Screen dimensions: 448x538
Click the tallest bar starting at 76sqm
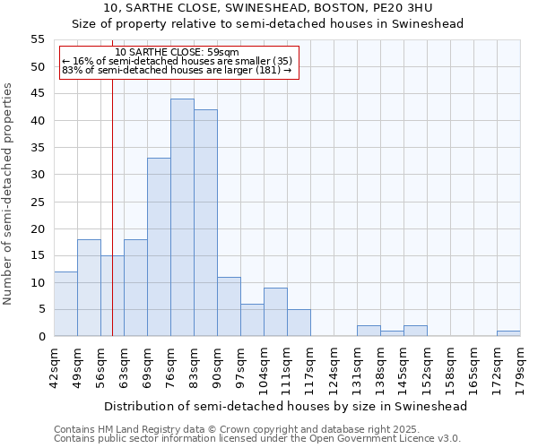[182, 218]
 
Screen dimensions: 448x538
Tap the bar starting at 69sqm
[159, 247]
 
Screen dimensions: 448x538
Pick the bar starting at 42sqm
[65, 304]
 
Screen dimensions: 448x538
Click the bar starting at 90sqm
[229, 306]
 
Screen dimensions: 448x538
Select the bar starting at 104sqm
[275, 312]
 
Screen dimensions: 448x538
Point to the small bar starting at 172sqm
[508, 333]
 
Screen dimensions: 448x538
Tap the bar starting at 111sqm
[299, 323]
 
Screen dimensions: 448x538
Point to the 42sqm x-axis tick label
[55, 369]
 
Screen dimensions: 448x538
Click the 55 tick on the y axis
[38, 39]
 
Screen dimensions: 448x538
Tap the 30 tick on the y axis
[38, 175]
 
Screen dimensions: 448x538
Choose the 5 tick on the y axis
[41, 309]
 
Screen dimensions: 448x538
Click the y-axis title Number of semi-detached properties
[8, 194]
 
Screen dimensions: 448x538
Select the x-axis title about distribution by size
[286, 406]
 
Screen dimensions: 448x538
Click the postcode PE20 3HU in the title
[403, 8]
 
